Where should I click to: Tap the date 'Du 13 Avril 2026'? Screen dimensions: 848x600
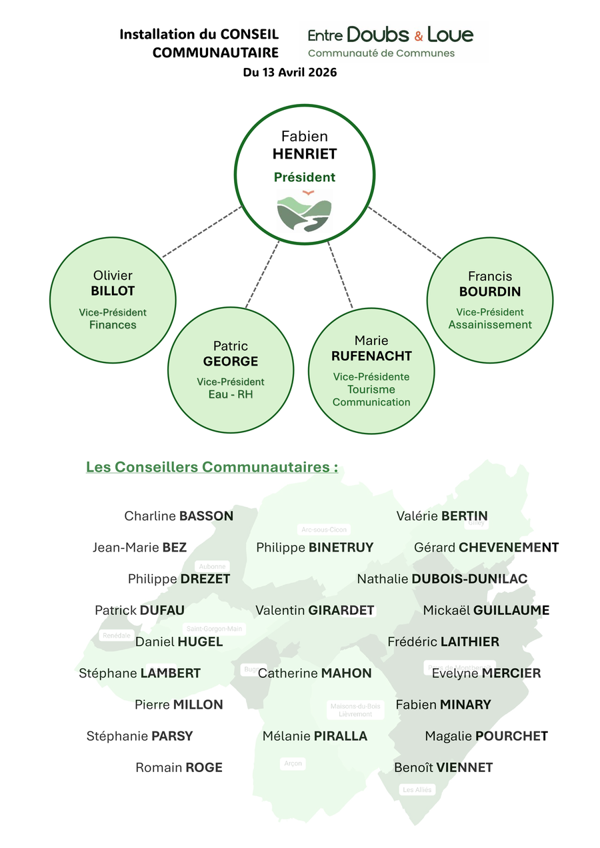[290, 73]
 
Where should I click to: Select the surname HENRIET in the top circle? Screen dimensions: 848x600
[305, 154]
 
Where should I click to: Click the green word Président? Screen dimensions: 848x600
[305, 177]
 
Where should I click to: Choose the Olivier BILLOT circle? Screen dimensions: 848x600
[113, 300]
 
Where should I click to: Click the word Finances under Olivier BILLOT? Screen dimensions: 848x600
[113, 325]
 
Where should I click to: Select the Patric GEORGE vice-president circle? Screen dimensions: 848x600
[231, 371]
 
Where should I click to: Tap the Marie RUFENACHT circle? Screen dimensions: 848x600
[371, 371]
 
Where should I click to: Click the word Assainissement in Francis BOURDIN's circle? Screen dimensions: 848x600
[490, 324]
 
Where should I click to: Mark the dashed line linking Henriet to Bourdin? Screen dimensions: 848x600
[404, 234]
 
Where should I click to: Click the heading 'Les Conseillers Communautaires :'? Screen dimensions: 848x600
[212, 466]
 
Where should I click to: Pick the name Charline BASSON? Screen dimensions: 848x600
[179, 516]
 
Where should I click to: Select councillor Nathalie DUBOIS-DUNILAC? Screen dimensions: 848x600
[442, 579]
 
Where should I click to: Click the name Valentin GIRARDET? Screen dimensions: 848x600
[315, 610]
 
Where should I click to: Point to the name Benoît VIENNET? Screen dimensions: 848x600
[443, 767]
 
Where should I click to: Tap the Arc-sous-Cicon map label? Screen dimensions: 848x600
[324, 530]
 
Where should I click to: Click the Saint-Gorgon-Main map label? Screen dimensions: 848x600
[215, 628]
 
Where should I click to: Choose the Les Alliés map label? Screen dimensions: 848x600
[417, 789]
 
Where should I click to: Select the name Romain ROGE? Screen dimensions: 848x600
[179, 767]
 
